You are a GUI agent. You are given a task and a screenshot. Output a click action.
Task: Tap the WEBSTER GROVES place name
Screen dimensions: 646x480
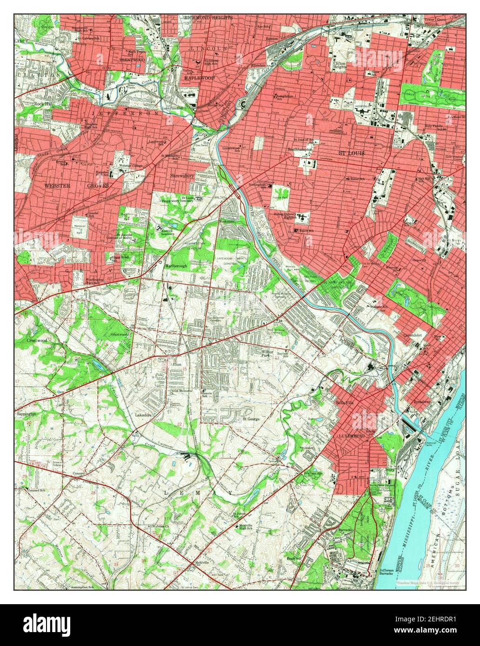77,186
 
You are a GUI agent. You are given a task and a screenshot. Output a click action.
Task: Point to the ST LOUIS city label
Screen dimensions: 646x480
351,153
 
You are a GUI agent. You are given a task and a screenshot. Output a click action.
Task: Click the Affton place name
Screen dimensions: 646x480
174,365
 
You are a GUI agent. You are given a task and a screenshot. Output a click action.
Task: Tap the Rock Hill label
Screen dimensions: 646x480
43,104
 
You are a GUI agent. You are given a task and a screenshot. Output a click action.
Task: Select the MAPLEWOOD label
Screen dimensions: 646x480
199,78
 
